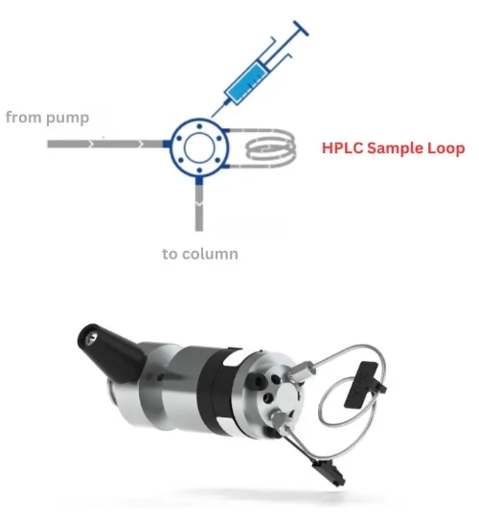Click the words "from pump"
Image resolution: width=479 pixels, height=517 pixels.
coord(48,118)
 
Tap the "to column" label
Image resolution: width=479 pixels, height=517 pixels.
coord(200,254)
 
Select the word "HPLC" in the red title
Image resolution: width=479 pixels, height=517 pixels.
coord(342,147)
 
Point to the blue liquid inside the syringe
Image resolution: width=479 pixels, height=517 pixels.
coord(248,81)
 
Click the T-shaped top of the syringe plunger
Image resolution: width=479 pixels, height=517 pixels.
coord(301,28)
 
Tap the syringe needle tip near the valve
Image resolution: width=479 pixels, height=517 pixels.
coord(212,117)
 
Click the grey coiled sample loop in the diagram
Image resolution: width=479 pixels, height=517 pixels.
coord(270,148)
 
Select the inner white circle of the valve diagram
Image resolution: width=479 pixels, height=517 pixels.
coord(199,148)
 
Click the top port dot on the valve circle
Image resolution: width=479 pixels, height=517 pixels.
coord(199,126)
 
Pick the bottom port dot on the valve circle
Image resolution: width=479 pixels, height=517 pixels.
coord(199,170)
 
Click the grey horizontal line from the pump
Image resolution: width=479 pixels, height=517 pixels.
coord(105,144)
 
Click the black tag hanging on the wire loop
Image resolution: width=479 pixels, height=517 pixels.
coord(363,384)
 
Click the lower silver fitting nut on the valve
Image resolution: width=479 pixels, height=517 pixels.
coord(280,421)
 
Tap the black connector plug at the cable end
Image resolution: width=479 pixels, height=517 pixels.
coord(330,474)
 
